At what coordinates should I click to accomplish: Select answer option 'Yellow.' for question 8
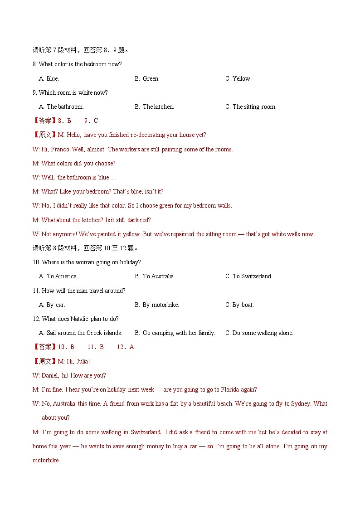[x=242, y=78]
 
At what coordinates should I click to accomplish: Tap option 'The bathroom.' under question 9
[x=65, y=107]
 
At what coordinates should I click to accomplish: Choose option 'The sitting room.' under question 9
[x=254, y=107]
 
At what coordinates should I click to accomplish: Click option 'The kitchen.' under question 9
[x=158, y=107]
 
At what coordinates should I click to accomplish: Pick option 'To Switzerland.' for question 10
[x=252, y=276]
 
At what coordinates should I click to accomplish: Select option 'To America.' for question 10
[x=62, y=276]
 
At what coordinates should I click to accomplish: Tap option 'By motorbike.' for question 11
[x=161, y=305]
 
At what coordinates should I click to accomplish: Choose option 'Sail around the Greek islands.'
[x=84, y=333]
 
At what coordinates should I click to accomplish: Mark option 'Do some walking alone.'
[x=263, y=333]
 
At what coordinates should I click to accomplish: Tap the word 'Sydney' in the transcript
[x=300, y=403]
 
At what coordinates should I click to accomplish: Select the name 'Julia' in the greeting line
[x=82, y=361]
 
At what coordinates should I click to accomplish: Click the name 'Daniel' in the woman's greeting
[x=50, y=375]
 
